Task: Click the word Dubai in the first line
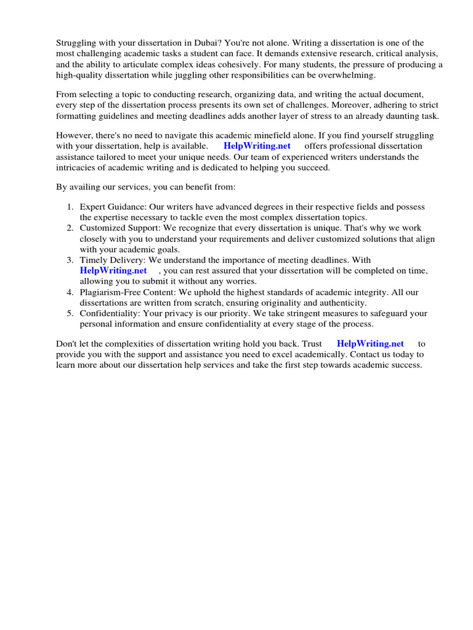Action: (199, 43)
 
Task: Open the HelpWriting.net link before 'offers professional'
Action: (257, 146)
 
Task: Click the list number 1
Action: (70, 207)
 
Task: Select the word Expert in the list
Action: (93, 207)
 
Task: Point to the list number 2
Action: (70, 228)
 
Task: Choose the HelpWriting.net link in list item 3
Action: (113, 270)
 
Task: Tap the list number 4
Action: (70, 292)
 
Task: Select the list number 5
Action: (70, 313)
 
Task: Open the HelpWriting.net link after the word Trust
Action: (370, 344)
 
